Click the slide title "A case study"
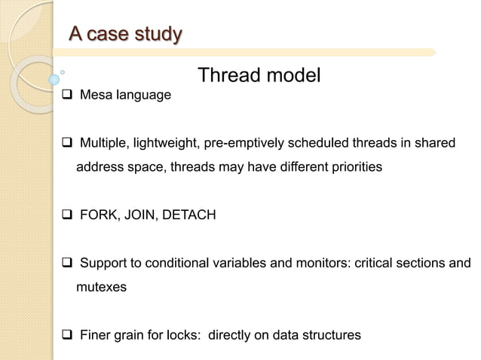125,34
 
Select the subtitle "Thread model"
259,75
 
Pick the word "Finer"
95,334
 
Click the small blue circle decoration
54,78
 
